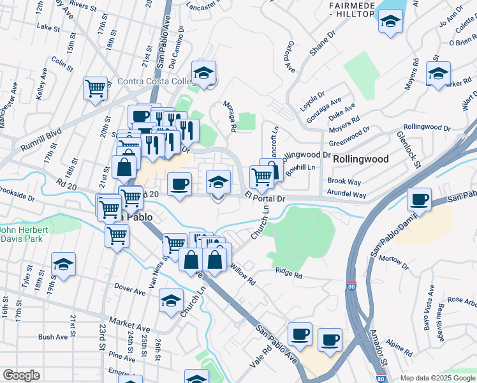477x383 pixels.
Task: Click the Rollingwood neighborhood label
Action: click(361, 159)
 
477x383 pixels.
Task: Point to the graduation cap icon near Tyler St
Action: click(64, 264)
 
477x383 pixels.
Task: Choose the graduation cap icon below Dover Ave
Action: click(171, 301)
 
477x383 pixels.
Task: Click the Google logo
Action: click(22, 375)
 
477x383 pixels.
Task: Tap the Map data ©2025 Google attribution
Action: click(437, 378)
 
